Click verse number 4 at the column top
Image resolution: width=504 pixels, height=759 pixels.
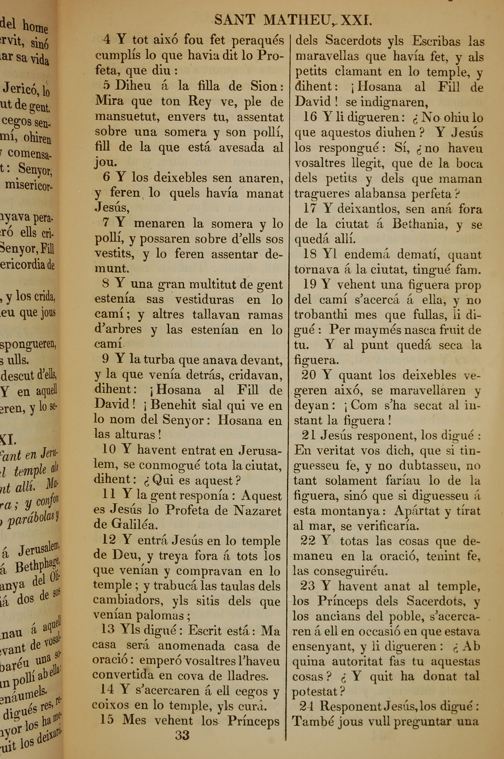click(x=106, y=40)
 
